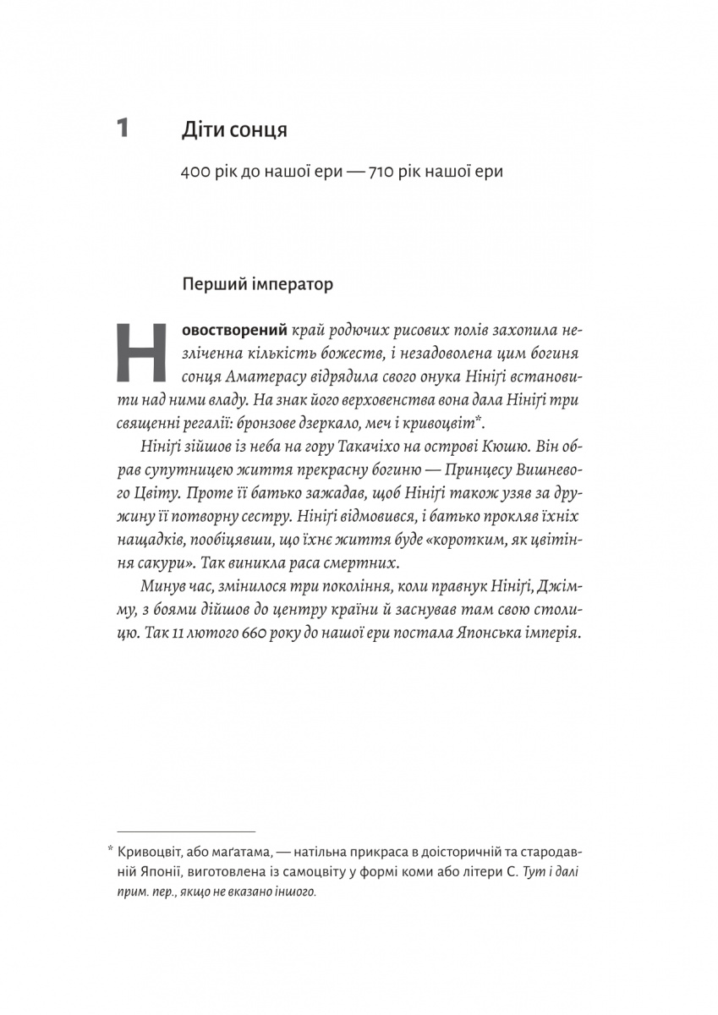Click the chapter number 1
pos(123,129)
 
